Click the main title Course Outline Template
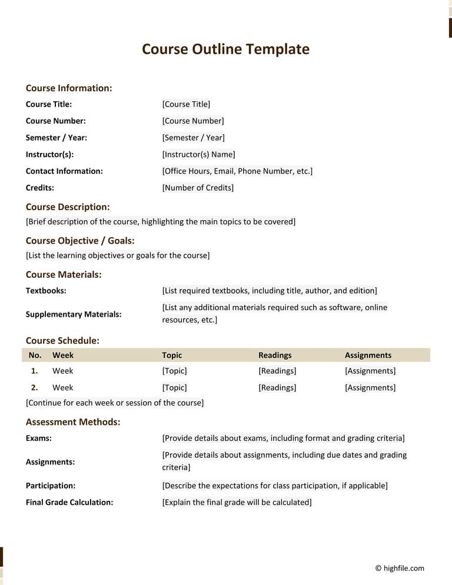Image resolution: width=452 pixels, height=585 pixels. click(x=225, y=49)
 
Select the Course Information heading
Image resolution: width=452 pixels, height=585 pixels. click(x=69, y=88)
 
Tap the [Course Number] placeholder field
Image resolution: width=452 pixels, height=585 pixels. click(x=193, y=121)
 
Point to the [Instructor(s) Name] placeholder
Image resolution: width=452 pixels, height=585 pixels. click(x=198, y=154)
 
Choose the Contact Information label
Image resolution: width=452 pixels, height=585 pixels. click(x=64, y=171)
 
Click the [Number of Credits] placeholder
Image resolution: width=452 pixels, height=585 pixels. click(x=198, y=188)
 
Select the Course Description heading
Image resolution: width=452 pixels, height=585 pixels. click(x=68, y=207)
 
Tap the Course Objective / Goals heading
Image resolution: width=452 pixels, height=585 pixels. click(x=80, y=241)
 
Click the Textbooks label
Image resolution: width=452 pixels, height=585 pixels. click(x=46, y=291)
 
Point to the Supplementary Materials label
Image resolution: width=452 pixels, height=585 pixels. click(x=74, y=314)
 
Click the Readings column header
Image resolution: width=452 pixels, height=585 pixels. click(x=275, y=355)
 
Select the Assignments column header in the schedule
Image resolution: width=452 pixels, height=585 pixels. click(x=368, y=355)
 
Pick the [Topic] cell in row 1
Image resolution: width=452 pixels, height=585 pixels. click(x=174, y=371)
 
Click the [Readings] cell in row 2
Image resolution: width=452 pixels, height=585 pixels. click(x=277, y=387)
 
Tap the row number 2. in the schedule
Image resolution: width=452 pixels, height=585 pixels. click(x=35, y=387)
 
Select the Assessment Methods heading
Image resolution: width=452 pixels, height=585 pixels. click(x=73, y=422)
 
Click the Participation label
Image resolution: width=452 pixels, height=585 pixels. click(x=51, y=486)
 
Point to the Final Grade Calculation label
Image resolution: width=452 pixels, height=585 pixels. click(x=69, y=502)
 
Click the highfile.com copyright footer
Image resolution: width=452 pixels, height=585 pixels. click(x=400, y=568)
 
